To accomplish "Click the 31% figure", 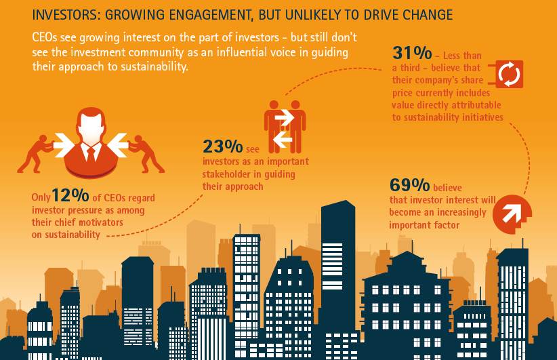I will click(x=411, y=53).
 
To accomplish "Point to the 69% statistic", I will click(x=409, y=185).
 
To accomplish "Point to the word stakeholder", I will click(x=229, y=174).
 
